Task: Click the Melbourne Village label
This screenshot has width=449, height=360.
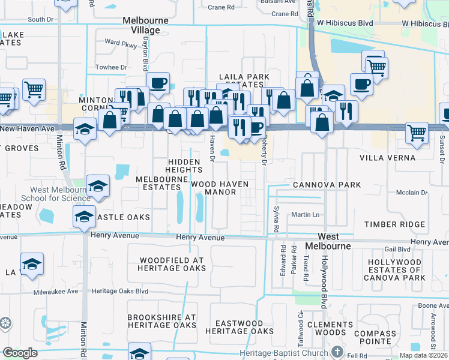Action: [141, 25]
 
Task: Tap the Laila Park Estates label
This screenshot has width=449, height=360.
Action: [243, 81]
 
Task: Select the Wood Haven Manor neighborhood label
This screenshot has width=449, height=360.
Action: [220, 188]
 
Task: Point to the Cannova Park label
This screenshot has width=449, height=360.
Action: [327, 185]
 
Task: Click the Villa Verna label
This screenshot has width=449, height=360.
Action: [387, 158]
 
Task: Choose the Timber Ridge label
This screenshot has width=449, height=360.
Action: [394, 224]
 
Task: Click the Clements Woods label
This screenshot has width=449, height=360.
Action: [326, 328]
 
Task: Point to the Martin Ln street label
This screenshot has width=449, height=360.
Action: [304, 214]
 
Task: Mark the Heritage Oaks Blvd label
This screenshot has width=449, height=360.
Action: [120, 291]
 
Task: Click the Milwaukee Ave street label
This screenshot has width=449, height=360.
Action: [64, 291]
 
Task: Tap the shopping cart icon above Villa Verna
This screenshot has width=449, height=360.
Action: [416, 132]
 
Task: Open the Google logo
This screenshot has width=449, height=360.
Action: [20, 353]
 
